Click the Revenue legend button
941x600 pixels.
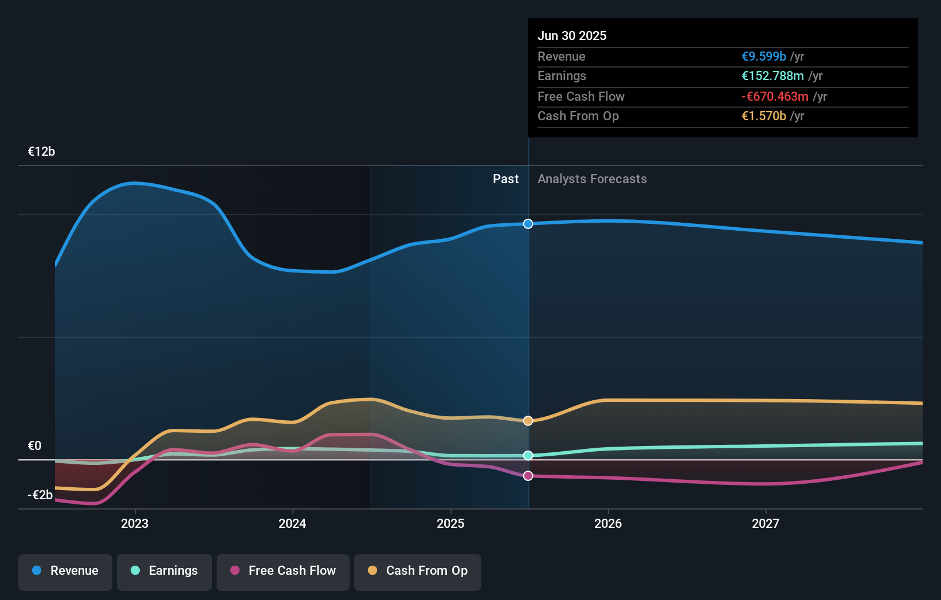tap(65, 571)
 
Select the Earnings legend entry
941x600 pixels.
tap(164, 571)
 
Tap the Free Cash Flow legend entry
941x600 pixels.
tap(283, 571)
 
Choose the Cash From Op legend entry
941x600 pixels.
tap(418, 571)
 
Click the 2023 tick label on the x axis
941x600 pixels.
tap(135, 523)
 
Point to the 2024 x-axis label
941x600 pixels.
tap(292, 523)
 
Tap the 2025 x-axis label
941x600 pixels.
tap(450, 523)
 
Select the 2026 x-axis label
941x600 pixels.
tap(608, 523)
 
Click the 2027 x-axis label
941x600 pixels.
tap(766, 523)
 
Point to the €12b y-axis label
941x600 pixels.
tap(41, 152)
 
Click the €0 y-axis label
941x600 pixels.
tap(34, 446)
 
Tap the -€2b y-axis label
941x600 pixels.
tap(40, 495)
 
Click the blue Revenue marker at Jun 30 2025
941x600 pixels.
tap(528, 224)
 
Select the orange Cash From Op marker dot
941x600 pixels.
tap(528, 421)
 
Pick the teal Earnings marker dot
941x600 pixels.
tap(528, 456)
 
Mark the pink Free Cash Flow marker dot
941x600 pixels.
tap(528, 476)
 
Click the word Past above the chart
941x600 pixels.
tap(505, 179)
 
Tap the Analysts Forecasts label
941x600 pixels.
tap(592, 179)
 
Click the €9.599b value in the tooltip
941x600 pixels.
tap(763, 57)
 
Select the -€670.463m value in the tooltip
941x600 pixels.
tap(775, 97)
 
